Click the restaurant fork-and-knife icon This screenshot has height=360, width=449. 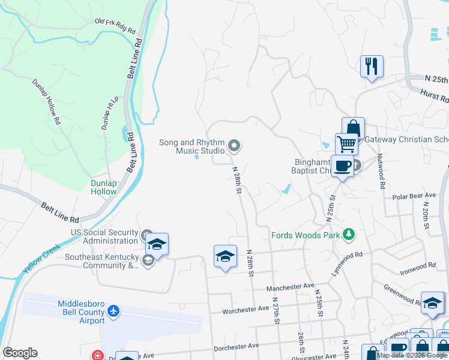[372, 65]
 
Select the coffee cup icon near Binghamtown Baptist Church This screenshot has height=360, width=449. [342, 166]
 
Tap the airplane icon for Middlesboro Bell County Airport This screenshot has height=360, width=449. [113, 311]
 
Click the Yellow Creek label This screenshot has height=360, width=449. [42, 257]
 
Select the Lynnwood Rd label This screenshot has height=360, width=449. [348, 264]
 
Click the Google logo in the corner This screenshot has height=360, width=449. [20, 353]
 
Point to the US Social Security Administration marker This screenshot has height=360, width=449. [147, 235]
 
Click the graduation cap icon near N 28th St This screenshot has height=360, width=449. [225, 256]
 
